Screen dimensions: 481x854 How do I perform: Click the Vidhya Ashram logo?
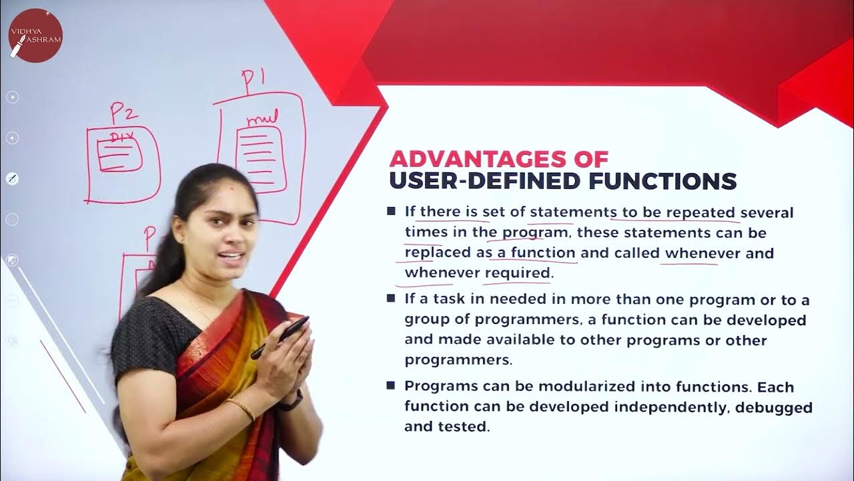tap(35, 35)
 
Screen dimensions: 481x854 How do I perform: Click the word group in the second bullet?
tap(424, 321)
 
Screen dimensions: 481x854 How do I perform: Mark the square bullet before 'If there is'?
tap(391, 212)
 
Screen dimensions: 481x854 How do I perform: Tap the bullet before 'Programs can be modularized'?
tap(391, 386)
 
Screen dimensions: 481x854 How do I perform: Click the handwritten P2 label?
tap(123, 114)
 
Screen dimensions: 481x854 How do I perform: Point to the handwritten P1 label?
tap(254, 81)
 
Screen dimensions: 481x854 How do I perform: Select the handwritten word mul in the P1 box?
tap(261, 120)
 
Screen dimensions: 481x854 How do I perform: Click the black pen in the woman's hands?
tap(280, 337)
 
